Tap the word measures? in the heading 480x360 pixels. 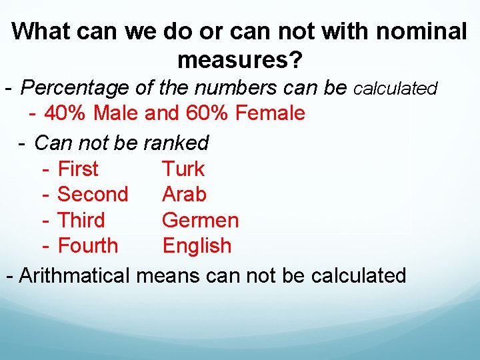tap(240, 61)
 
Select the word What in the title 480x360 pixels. tap(40, 31)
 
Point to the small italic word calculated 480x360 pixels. tap(395, 89)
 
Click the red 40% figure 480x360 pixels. tap(66, 113)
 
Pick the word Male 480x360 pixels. tap(117, 113)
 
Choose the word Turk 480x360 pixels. tap(183, 169)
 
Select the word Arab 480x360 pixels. tap(184, 195)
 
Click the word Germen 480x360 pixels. tap(200, 220)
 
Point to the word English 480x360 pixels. tap(197, 245)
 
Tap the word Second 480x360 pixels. tap(93, 195)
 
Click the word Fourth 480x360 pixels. tap(88, 245)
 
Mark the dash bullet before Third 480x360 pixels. tap(47, 220)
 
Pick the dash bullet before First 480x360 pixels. tap(47, 169)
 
